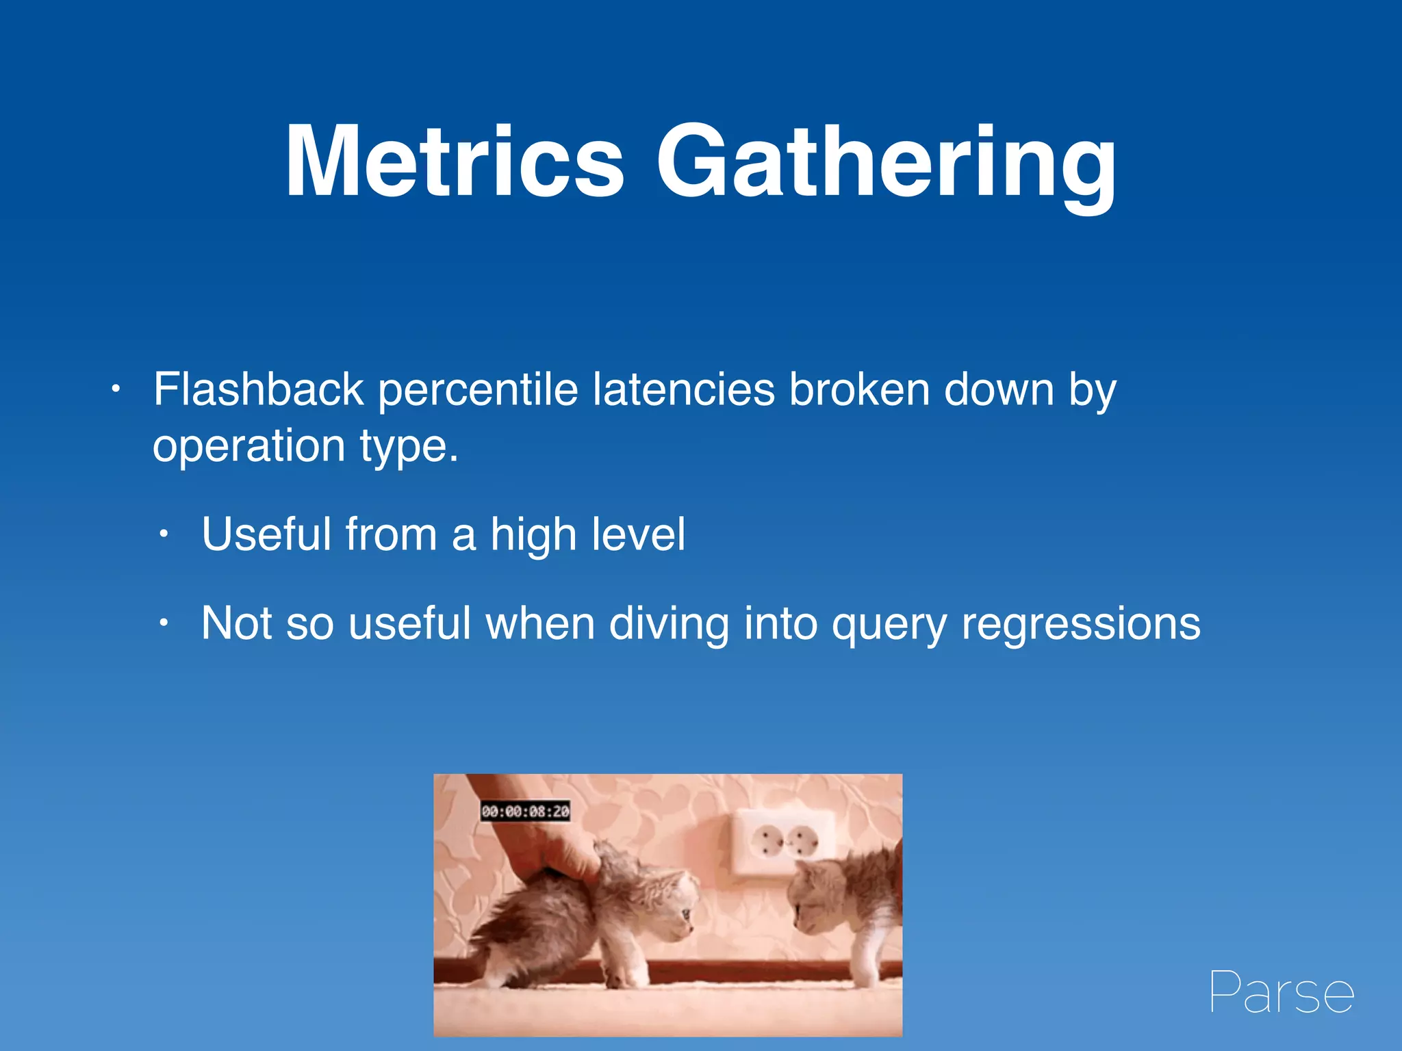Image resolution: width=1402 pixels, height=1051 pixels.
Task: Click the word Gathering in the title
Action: (886, 164)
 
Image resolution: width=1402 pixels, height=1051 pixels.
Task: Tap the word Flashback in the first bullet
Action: (258, 389)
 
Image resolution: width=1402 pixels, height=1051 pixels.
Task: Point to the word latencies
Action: (683, 389)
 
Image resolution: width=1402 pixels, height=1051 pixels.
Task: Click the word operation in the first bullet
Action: (248, 446)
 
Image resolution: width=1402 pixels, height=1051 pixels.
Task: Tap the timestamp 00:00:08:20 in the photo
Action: (525, 812)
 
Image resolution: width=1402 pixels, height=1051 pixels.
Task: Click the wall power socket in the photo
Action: (785, 842)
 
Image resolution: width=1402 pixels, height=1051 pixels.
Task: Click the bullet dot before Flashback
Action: (116, 390)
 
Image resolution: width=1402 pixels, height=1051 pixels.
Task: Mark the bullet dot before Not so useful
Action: (163, 623)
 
